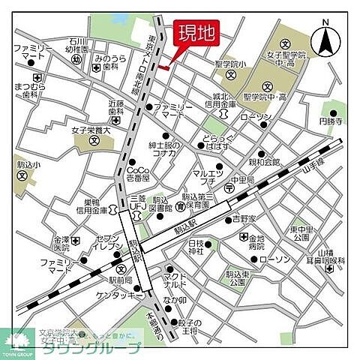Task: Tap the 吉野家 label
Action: pos(243,219)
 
